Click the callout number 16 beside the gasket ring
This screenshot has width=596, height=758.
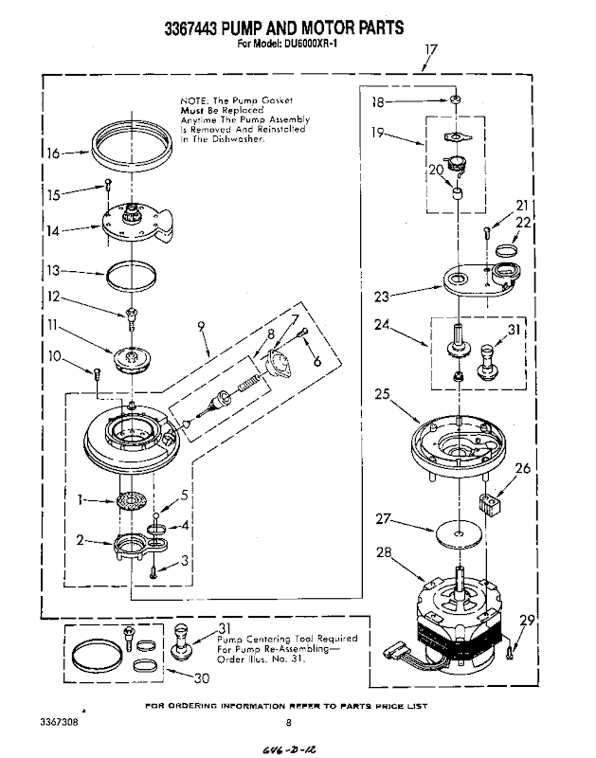pyautogui.click(x=53, y=153)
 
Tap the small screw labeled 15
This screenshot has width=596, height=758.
pyautogui.click(x=108, y=184)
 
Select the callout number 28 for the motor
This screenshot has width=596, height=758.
pyautogui.click(x=384, y=552)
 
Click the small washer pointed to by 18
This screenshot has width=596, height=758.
pyautogui.click(x=455, y=99)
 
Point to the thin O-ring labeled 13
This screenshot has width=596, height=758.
pyautogui.click(x=131, y=277)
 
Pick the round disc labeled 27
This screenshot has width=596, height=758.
pyautogui.click(x=459, y=533)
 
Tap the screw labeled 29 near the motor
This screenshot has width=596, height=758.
pyautogui.click(x=509, y=652)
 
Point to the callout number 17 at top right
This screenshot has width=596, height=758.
pyautogui.click(x=431, y=49)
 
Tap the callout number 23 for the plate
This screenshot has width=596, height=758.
pyautogui.click(x=382, y=296)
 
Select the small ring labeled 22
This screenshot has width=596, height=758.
pyautogui.click(x=507, y=250)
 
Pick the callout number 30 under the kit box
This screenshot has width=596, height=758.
pyautogui.click(x=202, y=678)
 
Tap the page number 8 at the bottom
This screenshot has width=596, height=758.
pyautogui.click(x=289, y=723)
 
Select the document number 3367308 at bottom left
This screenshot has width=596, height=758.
pyautogui.click(x=59, y=722)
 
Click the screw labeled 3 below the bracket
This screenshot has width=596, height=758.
pyautogui.click(x=154, y=571)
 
